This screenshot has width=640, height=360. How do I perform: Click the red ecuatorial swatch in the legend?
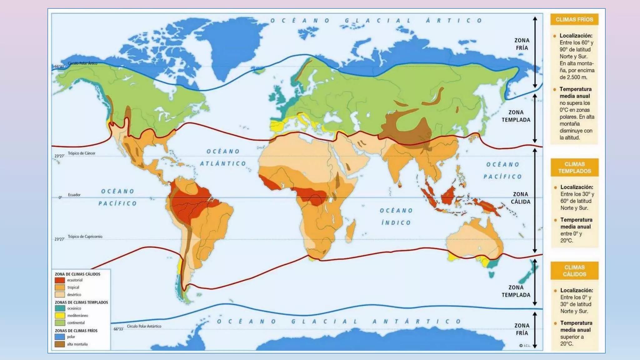click(60, 280)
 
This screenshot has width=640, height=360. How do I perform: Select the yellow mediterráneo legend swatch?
click(60, 316)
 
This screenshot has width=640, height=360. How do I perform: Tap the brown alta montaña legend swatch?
click(60, 344)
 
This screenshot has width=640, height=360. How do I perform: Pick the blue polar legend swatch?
click(60, 337)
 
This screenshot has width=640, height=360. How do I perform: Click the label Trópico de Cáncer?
click(82, 153)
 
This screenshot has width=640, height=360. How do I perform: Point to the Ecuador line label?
click(74, 195)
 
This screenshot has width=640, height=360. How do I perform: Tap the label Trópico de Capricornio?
click(85, 237)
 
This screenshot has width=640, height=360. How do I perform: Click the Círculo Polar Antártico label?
click(144, 326)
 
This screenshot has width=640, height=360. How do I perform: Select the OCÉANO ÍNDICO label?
click(396, 217)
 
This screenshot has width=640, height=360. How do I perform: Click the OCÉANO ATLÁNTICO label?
click(223, 157)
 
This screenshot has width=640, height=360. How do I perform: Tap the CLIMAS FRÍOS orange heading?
click(574, 19)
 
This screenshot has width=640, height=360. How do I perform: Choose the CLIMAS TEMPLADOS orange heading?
click(574, 167)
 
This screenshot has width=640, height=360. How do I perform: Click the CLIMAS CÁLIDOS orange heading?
click(574, 271)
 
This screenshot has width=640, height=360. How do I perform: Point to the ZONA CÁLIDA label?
click(520, 198)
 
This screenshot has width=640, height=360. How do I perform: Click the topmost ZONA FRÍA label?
click(522, 44)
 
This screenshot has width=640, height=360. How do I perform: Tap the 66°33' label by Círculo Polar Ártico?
click(59, 67)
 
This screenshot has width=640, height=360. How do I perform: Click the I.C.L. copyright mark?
click(525, 346)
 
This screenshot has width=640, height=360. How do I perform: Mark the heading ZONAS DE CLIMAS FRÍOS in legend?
click(76, 331)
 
